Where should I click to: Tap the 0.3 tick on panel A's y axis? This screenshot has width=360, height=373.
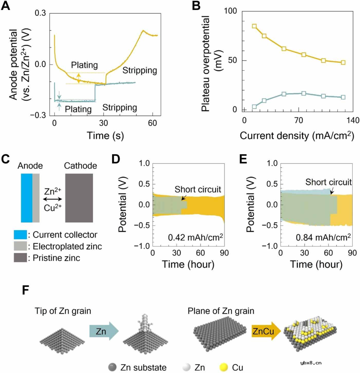[x=42, y=13]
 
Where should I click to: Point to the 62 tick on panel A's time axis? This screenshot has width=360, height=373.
[x=152, y=122]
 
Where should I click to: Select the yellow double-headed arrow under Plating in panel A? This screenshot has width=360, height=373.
[x=79, y=78]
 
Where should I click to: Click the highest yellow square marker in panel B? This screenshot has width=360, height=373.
[x=254, y=26]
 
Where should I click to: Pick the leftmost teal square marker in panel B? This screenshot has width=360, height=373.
[x=254, y=107]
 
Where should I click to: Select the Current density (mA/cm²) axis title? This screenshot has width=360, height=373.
[x=295, y=136]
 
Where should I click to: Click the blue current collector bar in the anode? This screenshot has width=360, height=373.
[x=27, y=198]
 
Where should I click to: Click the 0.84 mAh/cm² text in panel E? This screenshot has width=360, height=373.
[x=320, y=238]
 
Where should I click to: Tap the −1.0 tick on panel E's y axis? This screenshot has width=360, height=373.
[x=269, y=246]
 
